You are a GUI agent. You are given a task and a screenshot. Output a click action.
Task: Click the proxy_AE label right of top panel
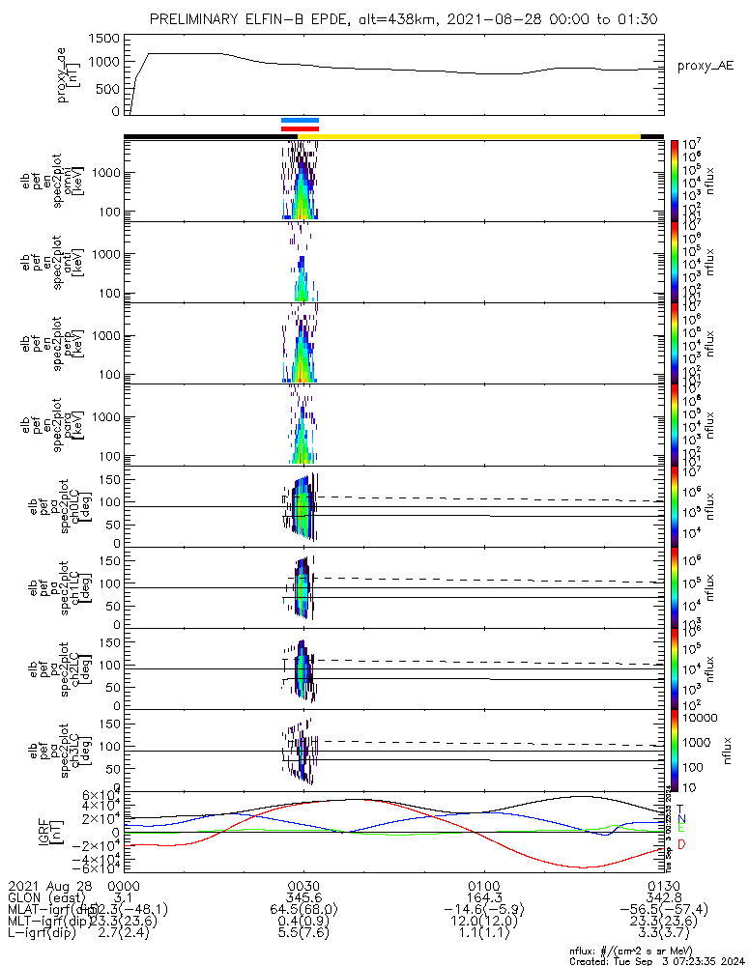[707, 66]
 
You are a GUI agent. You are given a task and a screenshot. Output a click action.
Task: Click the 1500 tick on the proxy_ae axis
[106, 38]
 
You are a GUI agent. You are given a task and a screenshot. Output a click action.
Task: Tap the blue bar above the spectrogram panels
[300, 121]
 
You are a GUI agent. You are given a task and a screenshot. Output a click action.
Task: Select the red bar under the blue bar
[300, 128]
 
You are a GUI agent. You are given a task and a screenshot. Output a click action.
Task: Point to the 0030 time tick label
[303, 884]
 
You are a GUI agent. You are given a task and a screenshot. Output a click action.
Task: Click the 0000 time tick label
[123, 884]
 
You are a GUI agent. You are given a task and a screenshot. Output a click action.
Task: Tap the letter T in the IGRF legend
[680, 809]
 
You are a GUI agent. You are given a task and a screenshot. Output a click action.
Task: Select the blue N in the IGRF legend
[680, 818]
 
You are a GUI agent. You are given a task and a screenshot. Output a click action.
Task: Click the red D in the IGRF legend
[680, 844]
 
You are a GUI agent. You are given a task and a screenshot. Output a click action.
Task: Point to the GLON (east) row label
[48, 896]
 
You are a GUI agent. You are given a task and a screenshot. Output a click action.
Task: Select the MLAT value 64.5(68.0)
[303, 909]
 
